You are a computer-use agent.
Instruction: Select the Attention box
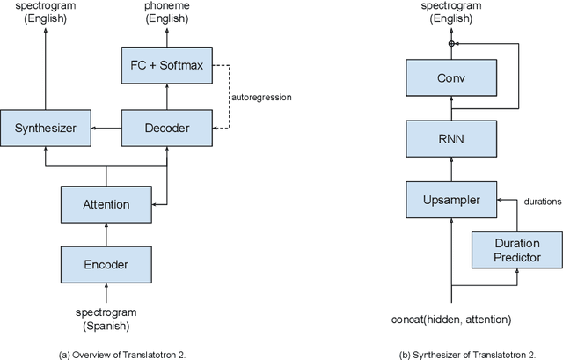(106, 204)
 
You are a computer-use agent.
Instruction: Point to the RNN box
(450, 138)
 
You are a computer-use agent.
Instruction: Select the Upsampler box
(450, 200)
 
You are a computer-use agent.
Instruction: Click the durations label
(540, 202)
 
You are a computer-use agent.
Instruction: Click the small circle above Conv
(450, 43)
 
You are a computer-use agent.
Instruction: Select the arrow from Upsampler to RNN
(450, 169)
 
